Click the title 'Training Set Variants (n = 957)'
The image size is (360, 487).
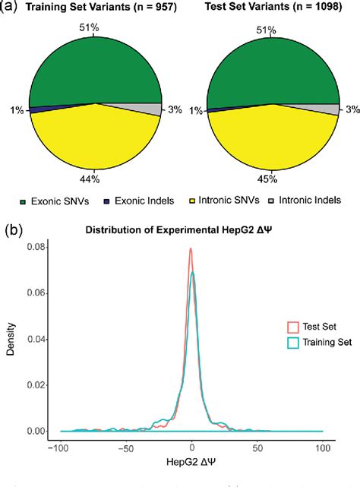click(x=96, y=9)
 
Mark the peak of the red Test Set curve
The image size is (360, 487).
click(x=191, y=248)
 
